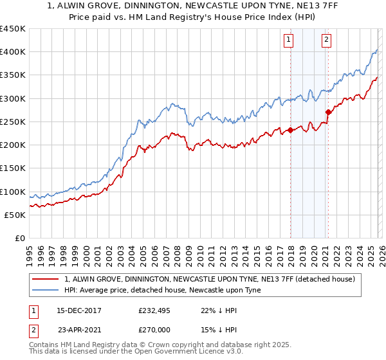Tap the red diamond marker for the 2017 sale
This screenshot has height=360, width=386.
tap(290, 130)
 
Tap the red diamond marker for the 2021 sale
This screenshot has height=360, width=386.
tap(328, 112)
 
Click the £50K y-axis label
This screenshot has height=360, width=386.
tap(15, 215)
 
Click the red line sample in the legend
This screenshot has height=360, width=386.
tap(47, 279)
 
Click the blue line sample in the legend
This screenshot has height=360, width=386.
tap(47, 290)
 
